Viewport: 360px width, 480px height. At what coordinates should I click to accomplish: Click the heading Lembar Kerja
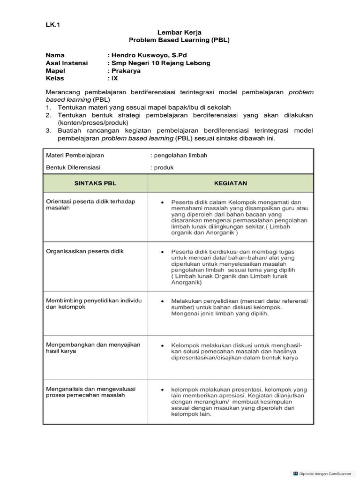pos(180,33)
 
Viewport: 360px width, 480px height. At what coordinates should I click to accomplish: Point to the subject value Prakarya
pos(125,71)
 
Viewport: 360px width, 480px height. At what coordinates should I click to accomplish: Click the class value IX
pos(114,78)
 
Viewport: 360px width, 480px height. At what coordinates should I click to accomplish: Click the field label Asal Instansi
pos(67,63)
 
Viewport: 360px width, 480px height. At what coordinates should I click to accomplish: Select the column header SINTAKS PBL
pos(95,183)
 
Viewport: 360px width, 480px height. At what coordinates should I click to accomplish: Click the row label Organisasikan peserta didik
pos(84,251)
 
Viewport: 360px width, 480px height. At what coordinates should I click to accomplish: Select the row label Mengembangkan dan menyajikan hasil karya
pos(93,347)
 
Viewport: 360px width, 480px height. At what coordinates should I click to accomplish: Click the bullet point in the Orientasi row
pos(162,202)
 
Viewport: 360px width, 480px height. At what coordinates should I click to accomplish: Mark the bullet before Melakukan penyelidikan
pos(162,300)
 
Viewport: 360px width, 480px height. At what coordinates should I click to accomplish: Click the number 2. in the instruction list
pos(49,115)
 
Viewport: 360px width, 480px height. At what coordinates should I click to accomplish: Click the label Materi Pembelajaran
pos(75,155)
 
